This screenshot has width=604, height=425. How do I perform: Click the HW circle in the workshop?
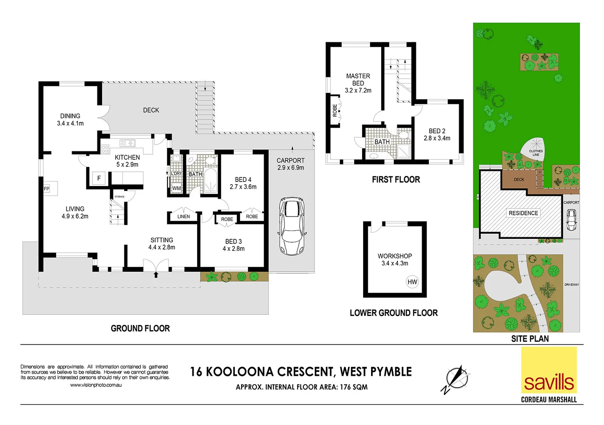click(x=412, y=282)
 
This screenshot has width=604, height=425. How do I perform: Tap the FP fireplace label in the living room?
click(x=47, y=189)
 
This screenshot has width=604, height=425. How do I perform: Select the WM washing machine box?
click(x=176, y=188)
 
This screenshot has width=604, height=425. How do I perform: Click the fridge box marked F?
click(x=99, y=178)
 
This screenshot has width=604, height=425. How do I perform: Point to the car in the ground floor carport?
click(x=292, y=226)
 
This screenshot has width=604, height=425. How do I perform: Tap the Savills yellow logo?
click(x=549, y=370)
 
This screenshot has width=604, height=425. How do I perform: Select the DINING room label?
click(x=70, y=116)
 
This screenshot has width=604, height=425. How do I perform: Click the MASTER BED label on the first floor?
click(x=358, y=79)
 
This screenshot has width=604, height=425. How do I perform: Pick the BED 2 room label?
click(x=437, y=131)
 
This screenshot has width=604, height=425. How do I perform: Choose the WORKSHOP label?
click(x=395, y=256)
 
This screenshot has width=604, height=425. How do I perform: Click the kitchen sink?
click(x=127, y=143)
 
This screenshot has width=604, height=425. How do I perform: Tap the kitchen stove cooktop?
click(x=105, y=149)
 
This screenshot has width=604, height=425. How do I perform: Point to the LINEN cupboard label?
click(x=184, y=216)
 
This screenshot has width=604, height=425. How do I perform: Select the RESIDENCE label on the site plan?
click(x=523, y=213)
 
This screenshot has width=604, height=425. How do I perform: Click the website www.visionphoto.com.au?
click(x=96, y=385)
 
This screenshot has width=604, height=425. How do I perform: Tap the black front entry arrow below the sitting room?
click(x=156, y=275)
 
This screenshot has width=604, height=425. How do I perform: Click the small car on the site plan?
click(x=571, y=220)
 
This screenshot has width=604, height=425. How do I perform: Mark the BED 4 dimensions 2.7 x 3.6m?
click(x=243, y=187)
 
